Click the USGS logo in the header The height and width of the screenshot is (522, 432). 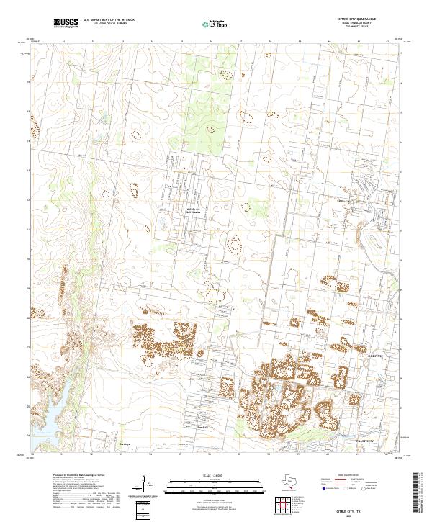(x=66, y=24)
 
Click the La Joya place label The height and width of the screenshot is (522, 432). (x=125, y=444)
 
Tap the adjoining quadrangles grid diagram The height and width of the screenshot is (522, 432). (x=282, y=503)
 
